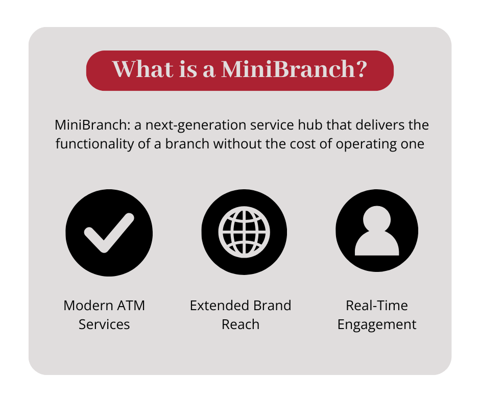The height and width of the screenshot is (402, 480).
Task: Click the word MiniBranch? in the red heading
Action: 294,69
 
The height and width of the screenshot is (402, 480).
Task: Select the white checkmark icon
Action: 109,233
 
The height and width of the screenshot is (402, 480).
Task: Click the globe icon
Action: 244,232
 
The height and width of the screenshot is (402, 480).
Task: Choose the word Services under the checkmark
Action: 104,324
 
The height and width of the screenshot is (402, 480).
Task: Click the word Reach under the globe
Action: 241,324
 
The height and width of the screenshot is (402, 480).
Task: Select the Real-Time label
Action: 377,305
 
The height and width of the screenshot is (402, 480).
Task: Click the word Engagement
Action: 377,325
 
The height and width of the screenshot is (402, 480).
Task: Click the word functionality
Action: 94,144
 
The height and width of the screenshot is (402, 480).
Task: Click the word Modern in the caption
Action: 88,305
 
